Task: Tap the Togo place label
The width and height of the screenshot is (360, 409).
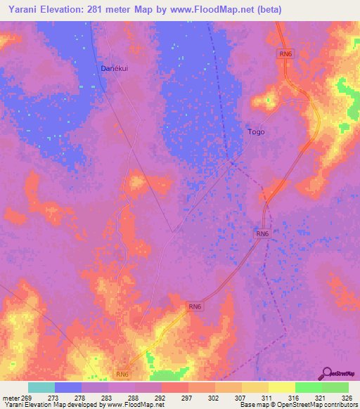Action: point(257,131)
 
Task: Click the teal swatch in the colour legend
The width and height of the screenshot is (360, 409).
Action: point(41,387)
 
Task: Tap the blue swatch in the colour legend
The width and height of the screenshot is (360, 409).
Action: point(68,387)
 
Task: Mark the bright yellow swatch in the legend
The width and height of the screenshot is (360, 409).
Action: point(282,387)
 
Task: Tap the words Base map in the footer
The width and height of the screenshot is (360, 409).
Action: point(252,405)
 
